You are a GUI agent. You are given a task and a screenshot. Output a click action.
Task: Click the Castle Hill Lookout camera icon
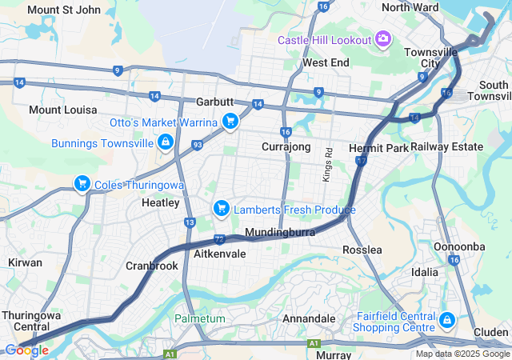[x=383, y=39]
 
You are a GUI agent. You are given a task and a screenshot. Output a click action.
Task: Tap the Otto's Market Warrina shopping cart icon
[x=230, y=122]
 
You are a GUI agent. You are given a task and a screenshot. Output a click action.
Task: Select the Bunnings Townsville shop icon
[x=165, y=142]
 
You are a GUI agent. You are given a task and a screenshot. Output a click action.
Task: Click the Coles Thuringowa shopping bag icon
[x=82, y=184]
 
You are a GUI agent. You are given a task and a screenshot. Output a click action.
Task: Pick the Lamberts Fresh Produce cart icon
[x=221, y=209]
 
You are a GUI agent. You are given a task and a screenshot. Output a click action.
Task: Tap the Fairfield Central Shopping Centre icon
[x=446, y=321]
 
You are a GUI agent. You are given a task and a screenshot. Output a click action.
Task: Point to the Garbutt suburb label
[x=214, y=102]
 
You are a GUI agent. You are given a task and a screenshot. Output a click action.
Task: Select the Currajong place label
[x=286, y=146]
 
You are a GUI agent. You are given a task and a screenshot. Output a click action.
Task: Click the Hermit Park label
[x=379, y=148]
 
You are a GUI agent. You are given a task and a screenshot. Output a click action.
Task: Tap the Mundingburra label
[x=280, y=232]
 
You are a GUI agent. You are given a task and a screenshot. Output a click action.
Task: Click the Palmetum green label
[x=200, y=318]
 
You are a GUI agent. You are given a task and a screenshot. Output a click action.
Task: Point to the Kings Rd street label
[x=328, y=163]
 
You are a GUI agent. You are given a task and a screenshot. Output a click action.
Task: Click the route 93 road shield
[x=197, y=145]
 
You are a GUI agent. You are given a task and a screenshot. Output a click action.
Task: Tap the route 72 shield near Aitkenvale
[x=219, y=238]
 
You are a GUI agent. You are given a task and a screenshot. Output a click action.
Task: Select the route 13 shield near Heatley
[x=190, y=222]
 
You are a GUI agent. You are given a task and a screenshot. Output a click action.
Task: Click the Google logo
[x=26, y=350]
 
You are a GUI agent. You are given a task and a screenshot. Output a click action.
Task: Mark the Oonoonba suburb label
[x=459, y=246]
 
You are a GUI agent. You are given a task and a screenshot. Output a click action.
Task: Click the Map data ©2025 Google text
[x=462, y=354]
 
